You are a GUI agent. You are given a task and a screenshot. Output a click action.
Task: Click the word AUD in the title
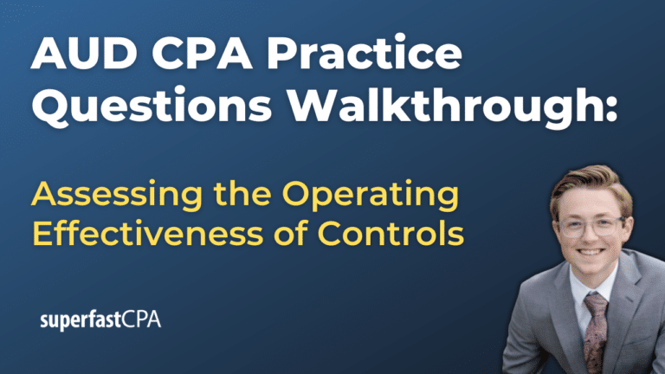79,58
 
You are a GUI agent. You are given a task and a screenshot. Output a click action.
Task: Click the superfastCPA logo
100,320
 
